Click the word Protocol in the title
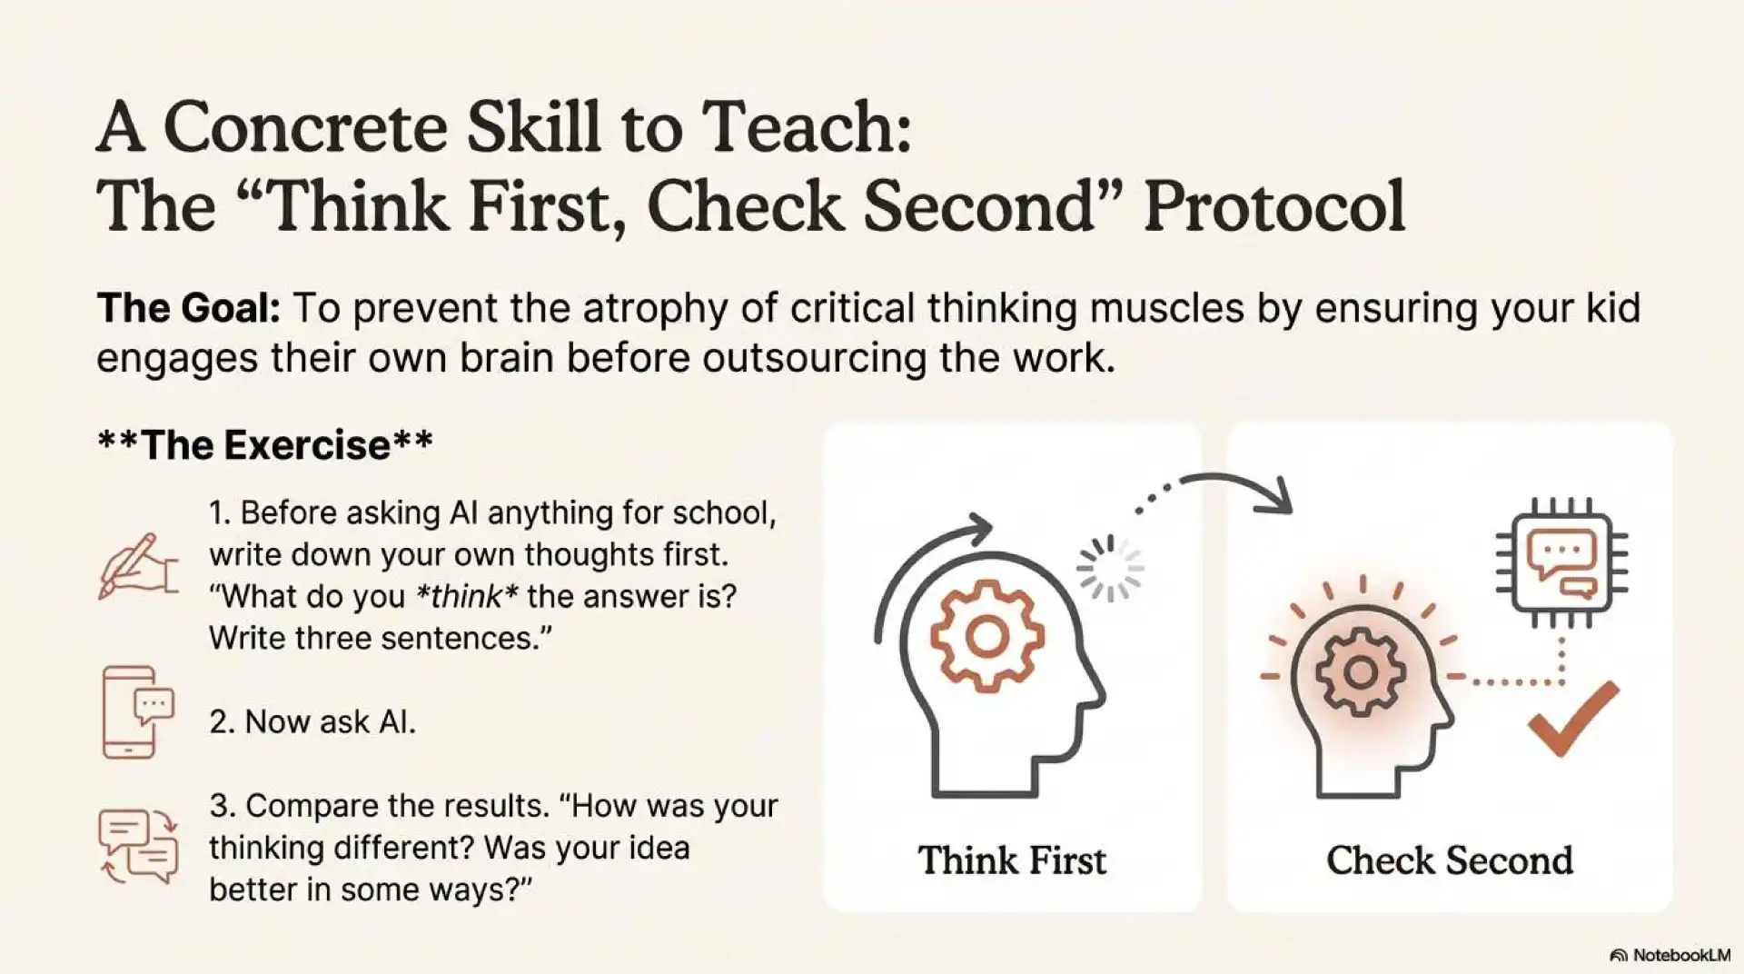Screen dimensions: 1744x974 click(x=1273, y=206)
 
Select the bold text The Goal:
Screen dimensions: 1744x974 click(x=188, y=309)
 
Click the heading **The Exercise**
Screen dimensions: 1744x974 click(x=265, y=445)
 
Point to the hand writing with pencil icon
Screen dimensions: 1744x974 click(x=138, y=566)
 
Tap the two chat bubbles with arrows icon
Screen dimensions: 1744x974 click(x=138, y=846)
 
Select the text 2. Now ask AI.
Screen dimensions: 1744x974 click(x=312, y=722)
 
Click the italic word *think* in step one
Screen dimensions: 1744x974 click(x=459, y=597)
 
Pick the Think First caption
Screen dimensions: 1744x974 click(x=1012, y=860)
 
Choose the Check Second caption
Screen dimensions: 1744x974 click(x=1450, y=860)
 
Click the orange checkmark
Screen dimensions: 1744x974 click(x=1573, y=719)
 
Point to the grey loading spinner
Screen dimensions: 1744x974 click(x=1110, y=569)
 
